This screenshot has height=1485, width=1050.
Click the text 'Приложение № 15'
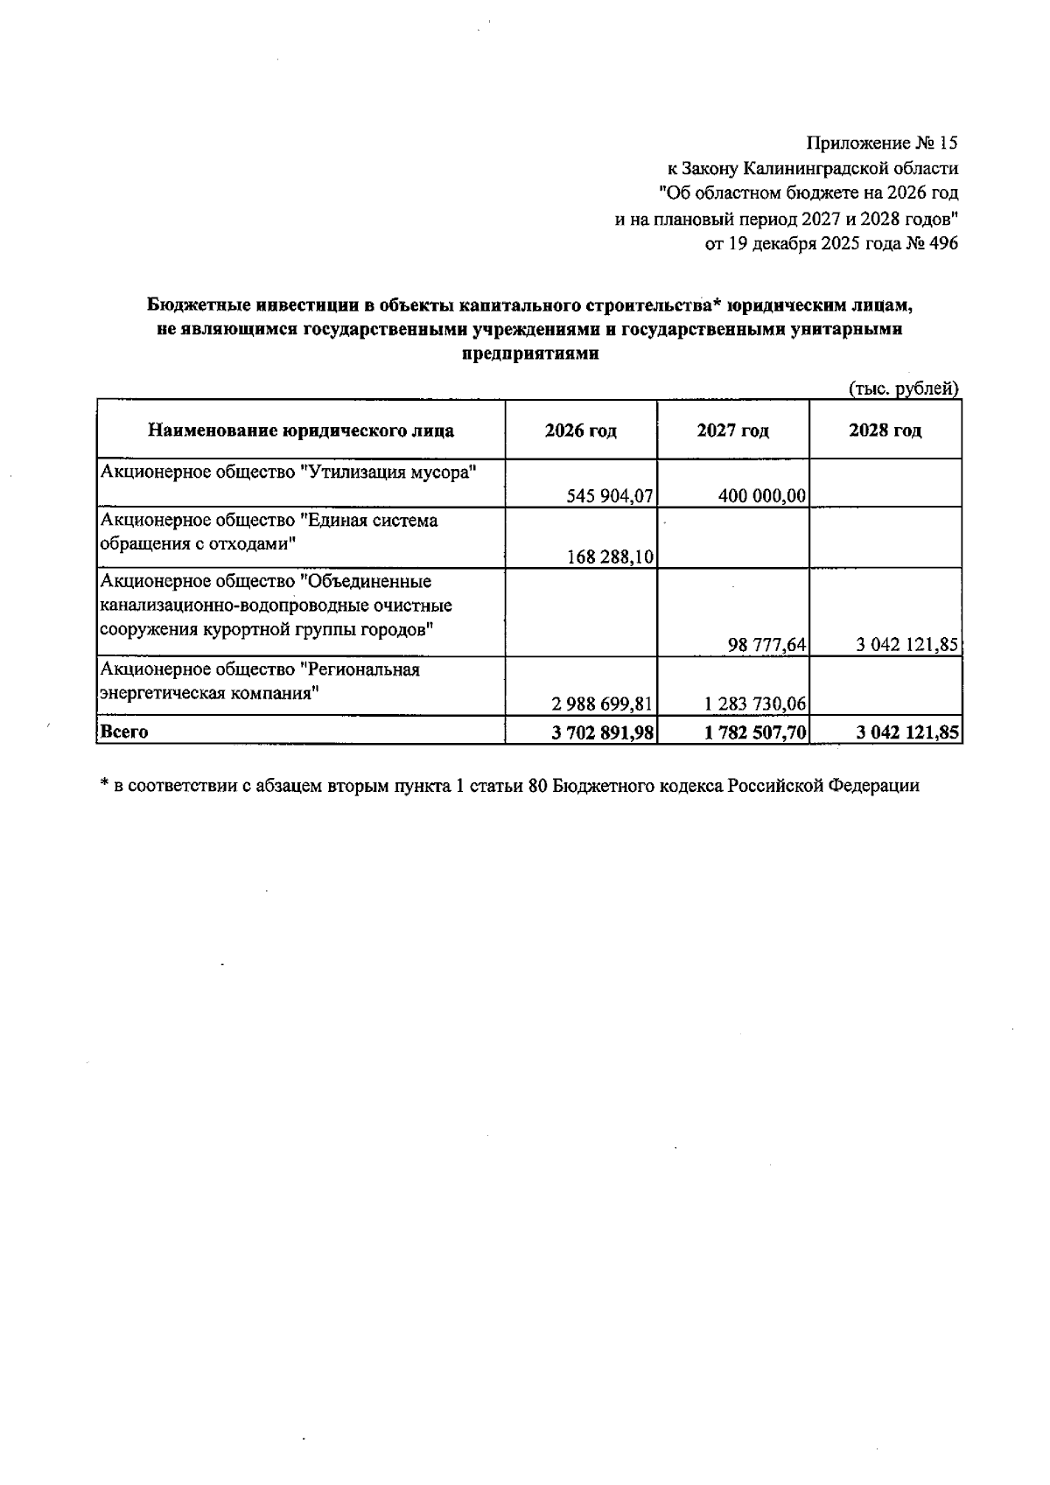(882, 143)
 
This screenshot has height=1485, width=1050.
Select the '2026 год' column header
(580, 431)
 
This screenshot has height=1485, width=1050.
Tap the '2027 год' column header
(732, 431)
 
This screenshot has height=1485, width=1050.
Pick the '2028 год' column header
(885, 431)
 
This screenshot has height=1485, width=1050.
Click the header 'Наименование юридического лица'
(300, 431)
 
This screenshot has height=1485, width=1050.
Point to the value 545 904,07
(610, 496)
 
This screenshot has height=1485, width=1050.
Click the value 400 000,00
(761, 496)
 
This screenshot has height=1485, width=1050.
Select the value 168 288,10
(610, 557)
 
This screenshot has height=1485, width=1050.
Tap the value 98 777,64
(767, 645)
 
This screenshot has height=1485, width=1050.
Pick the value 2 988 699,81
(603, 704)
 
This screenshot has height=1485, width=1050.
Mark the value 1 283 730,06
(755, 704)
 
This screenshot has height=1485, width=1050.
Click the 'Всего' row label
(124, 732)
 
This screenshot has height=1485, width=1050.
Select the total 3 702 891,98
(603, 732)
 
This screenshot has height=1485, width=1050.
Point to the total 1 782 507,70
(755, 732)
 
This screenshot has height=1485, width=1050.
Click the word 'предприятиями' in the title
(529, 354)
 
